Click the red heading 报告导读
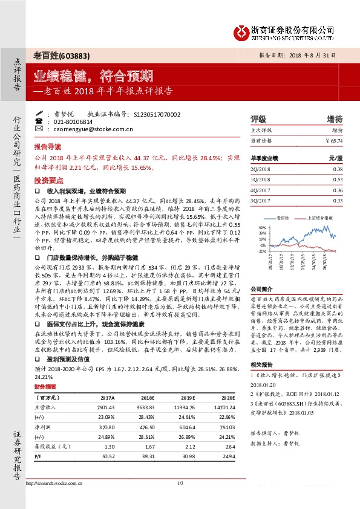tap(47, 147)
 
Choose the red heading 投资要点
tap(47, 180)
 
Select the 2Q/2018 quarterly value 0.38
tap(338, 170)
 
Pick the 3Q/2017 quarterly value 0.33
tap(338, 200)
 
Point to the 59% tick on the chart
tap(262, 228)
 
